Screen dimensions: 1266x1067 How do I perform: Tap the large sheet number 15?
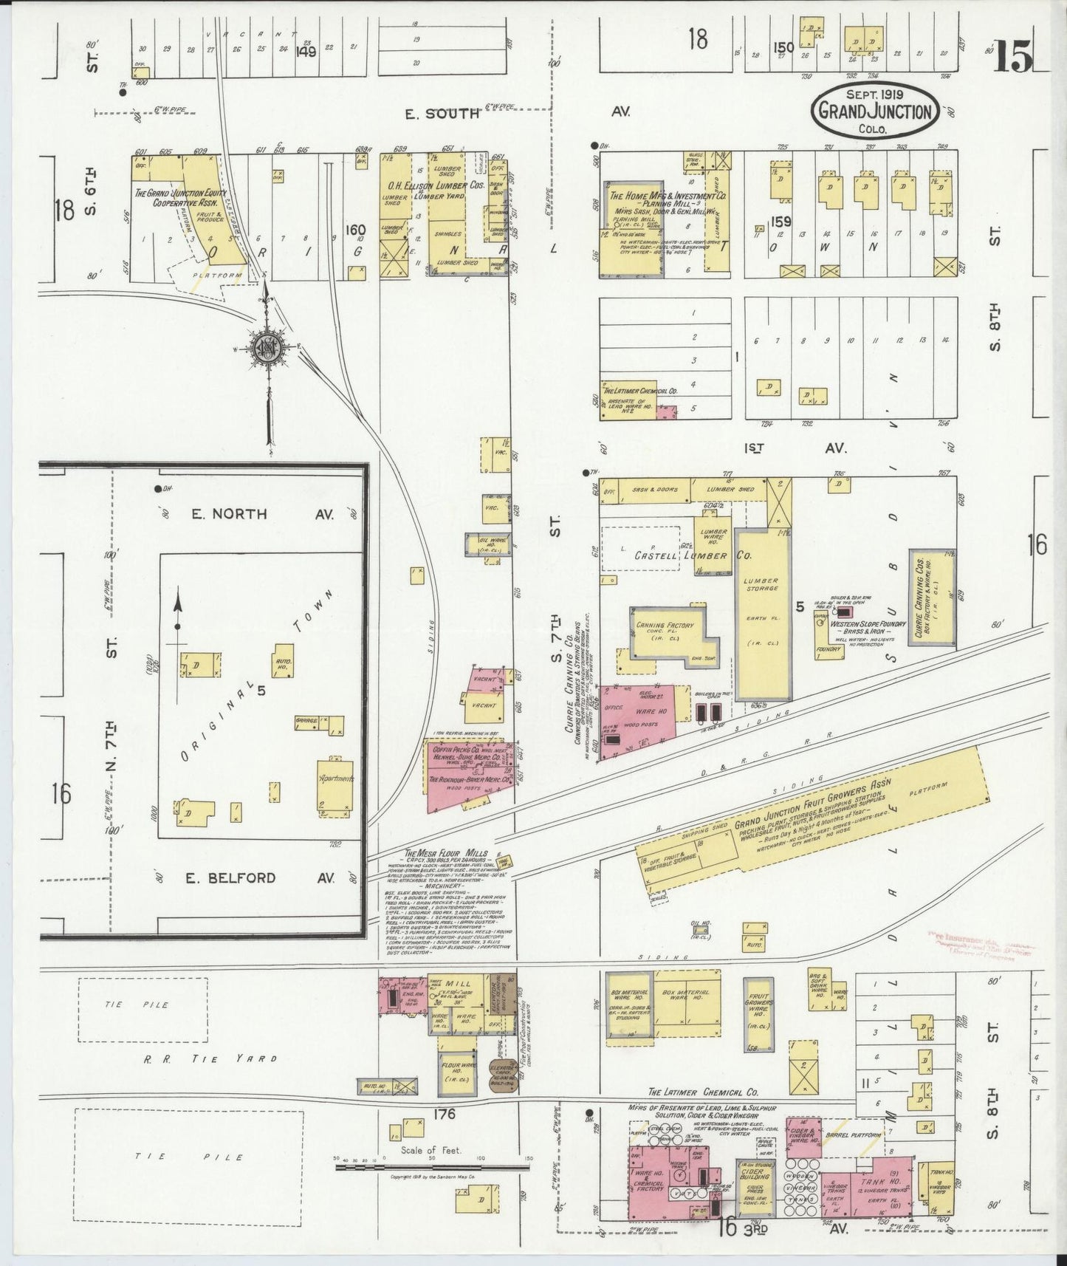pos(1012,57)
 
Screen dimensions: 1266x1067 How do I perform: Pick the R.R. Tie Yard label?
pos(210,1058)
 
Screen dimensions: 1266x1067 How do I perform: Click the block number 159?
pos(781,221)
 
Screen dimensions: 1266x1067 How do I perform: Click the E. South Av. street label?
pos(438,113)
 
